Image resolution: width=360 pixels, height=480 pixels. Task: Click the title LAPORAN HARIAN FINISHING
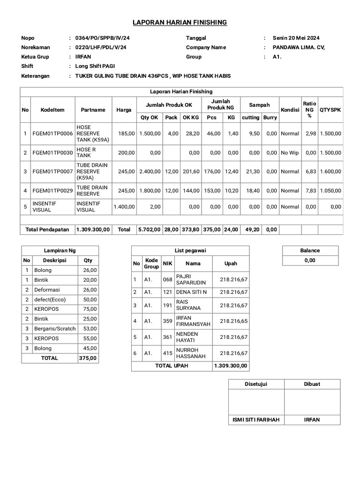[x=180, y=22]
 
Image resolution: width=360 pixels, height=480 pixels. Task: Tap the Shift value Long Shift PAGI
[x=95, y=66]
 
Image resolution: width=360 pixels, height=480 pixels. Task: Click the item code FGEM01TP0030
[x=52, y=152]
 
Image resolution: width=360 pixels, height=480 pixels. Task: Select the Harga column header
[x=124, y=110]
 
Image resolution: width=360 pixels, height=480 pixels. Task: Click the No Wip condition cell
[x=290, y=152]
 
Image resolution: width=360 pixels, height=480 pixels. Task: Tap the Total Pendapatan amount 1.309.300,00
[x=93, y=230]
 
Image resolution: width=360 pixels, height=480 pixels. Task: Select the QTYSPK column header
[x=330, y=110]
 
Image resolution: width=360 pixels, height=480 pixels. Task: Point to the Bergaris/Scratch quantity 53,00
[x=90, y=329]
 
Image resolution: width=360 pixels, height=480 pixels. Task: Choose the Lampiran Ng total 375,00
[x=88, y=358]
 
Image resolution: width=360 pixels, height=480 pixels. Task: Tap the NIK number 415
[x=167, y=353]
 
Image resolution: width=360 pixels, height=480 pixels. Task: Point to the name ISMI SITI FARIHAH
[x=256, y=420]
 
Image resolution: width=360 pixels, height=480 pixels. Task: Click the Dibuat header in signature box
[x=312, y=384]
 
